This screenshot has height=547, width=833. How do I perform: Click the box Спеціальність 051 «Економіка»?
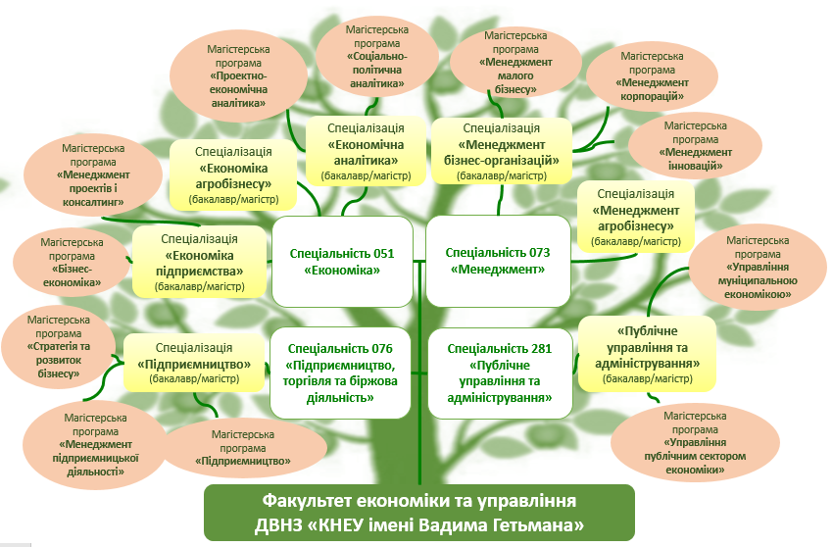(x=342, y=262)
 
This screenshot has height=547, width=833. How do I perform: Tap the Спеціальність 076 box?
(x=342, y=372)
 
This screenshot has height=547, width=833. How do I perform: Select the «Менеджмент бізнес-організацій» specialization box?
(x=501, y=152)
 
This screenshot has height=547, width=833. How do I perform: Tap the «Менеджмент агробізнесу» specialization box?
(x=636, y=217)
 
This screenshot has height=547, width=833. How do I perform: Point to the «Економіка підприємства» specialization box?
(x=199, y=262)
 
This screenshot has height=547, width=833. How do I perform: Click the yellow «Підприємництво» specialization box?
(x=197, y=364)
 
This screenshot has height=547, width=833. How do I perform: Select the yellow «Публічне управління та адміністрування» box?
(x=647, y=354)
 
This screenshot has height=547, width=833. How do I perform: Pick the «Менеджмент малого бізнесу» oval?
(x=515, y=64)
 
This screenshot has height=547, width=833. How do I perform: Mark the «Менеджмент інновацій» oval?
(x=695, y=147)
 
